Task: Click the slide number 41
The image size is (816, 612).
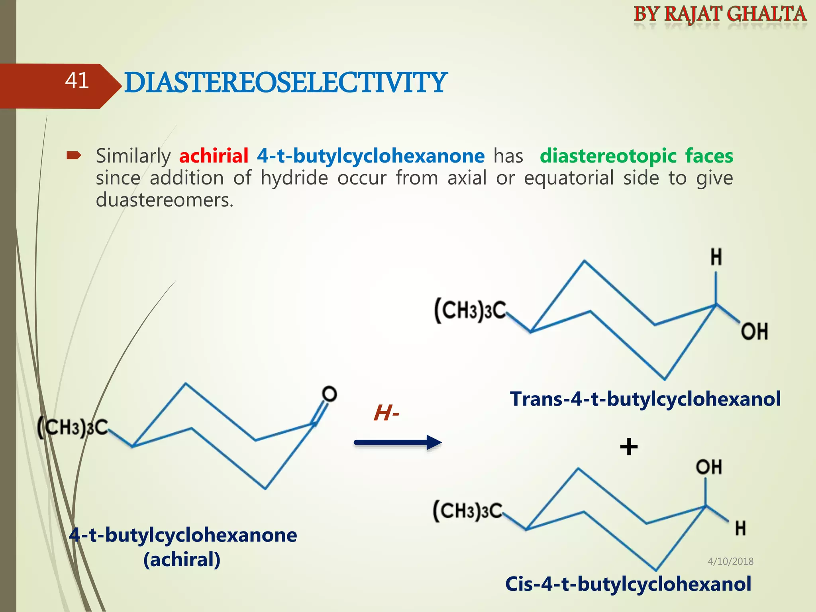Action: coord(77,81)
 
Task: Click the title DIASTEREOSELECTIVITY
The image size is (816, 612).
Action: coord(285,83)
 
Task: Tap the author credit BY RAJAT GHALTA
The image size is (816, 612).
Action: coord(720,14)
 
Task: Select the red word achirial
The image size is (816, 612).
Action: coord(214,156)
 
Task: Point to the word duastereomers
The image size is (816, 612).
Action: coord(164,200)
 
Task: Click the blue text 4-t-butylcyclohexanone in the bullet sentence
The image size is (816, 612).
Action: coord(371,156)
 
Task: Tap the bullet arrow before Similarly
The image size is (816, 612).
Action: coord(74,155)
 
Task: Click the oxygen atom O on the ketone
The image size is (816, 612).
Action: coord(330,394)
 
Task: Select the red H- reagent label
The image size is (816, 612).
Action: coord(386,413)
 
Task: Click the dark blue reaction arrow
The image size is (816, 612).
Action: coord(398,443)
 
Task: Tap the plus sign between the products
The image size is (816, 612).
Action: coord(629,447)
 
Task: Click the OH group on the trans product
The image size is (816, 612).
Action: coord(754,331)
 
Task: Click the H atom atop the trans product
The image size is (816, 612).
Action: coord(716,257)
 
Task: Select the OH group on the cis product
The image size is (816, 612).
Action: coord(709,467)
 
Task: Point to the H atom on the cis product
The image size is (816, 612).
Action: coord(740,528)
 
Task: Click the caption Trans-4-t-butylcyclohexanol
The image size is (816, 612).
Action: coord(645,399)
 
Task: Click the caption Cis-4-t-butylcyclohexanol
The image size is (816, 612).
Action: coord(628,584)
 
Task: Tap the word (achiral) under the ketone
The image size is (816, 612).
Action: coord(182,559)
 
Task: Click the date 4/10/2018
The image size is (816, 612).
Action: coord(730,561)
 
